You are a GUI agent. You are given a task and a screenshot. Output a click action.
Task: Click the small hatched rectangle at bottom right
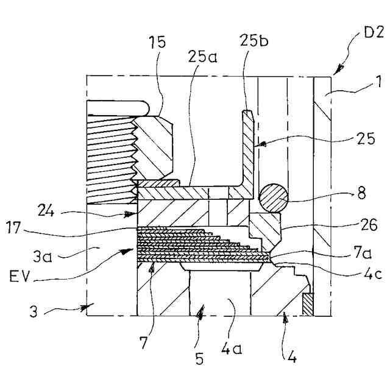(308, 304)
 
